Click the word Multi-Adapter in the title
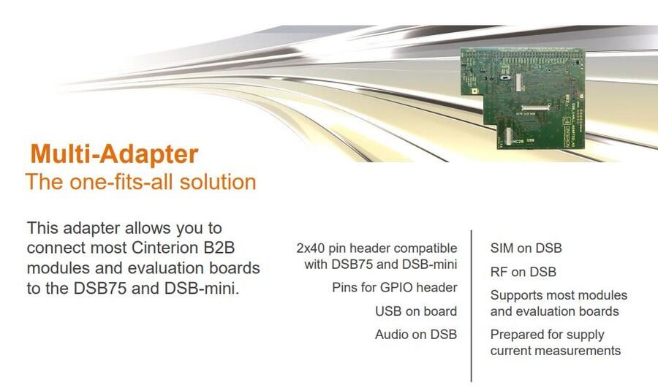114,154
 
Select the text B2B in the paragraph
219,248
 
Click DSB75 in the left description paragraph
100,288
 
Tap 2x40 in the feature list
310,248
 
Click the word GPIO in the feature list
395,288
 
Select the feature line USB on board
416,311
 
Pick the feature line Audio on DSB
416,335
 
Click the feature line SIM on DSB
526,248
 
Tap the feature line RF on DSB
523,273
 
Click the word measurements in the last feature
580,351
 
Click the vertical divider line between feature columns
472,305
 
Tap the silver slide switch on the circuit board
505,78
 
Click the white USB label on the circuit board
531,140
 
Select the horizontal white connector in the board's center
535,108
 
